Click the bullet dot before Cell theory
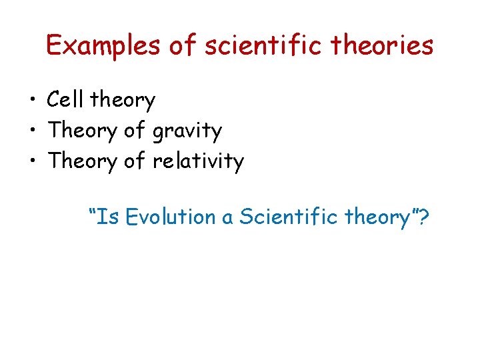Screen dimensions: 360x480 [x=32, y=101]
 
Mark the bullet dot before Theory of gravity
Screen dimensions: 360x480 [x=32, y=131]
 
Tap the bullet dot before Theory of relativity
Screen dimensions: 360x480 [x=32, y=161]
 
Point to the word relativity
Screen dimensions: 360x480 [x=198, y=161]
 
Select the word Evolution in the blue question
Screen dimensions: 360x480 [x=170, y=217]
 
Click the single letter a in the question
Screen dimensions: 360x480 [x=227, y=219]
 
